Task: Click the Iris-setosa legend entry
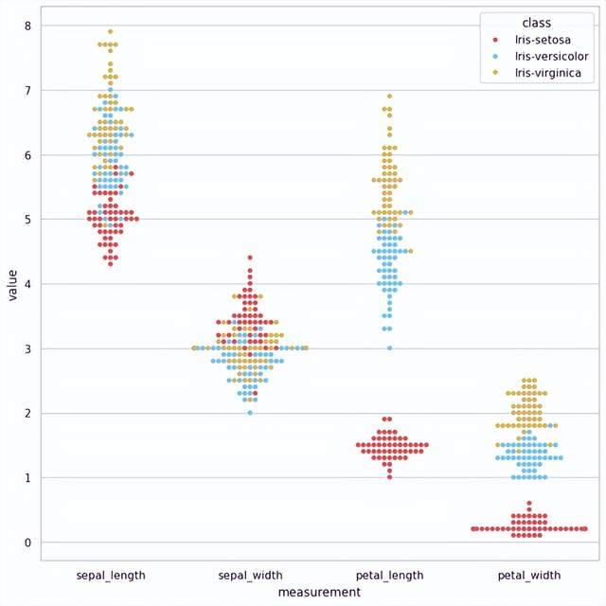538,40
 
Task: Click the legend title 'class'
536,22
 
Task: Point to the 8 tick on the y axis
28,26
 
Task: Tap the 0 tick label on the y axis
28,543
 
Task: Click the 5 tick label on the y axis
28,220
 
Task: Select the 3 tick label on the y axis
28,348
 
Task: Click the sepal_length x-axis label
111,575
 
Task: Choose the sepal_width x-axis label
250,575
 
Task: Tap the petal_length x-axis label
389,575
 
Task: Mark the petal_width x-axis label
528,575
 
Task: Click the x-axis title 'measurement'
319,592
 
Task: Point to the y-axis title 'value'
12,284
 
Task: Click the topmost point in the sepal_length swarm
111,31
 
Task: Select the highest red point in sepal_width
250,258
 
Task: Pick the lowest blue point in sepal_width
250,413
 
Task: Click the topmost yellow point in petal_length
389,96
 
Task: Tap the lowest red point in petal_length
389,477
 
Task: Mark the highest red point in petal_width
528,504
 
